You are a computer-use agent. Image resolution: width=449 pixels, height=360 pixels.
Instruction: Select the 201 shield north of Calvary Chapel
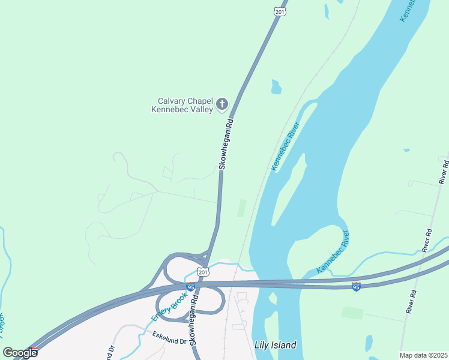[x=280, y=11]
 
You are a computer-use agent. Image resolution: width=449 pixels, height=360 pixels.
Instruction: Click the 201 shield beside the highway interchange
[x=204, y=272]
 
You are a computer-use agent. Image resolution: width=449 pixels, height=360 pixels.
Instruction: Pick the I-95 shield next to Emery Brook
[x=190, y=287]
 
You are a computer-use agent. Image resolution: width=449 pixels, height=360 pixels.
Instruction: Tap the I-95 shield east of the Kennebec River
[x=356, y=287]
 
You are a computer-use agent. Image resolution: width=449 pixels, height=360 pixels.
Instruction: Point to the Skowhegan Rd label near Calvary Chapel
[x=225, y=143]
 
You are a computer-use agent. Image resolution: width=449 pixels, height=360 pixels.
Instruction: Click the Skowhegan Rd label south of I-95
[x=194, y=323]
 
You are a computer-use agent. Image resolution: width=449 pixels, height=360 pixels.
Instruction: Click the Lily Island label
[x=275, y=345]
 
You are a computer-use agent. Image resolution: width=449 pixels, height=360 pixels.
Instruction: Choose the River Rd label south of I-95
[x=412, y=299]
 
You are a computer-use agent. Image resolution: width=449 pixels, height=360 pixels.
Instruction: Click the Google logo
[x=20, y=352]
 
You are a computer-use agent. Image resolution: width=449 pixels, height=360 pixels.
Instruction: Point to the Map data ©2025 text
[x=423, y=355]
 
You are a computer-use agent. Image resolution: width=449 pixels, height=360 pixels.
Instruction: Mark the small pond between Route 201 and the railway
[x=276, y=88]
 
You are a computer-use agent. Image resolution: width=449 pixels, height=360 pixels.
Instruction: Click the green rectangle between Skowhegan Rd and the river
[x=241, y=208]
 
